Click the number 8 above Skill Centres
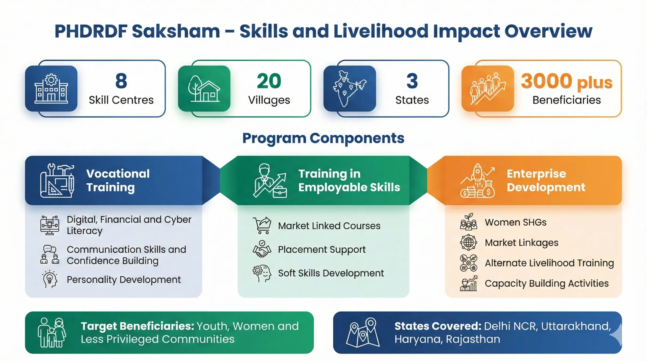(121, 81)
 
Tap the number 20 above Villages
(269, 81)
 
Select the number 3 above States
(412, 81)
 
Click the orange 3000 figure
(546, 81)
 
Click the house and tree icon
(204, 89)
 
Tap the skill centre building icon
(51, 89)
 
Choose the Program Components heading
(323, 138)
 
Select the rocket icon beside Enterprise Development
(477, 180)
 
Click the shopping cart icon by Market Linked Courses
(262, 225)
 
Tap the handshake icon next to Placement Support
(262, 249)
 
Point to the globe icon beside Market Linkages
(468, 243)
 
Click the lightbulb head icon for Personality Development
(50, 279)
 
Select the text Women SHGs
(516, 222)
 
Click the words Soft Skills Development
(331, 273)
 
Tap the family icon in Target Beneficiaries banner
(52, 332)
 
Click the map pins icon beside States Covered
(363, 332)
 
